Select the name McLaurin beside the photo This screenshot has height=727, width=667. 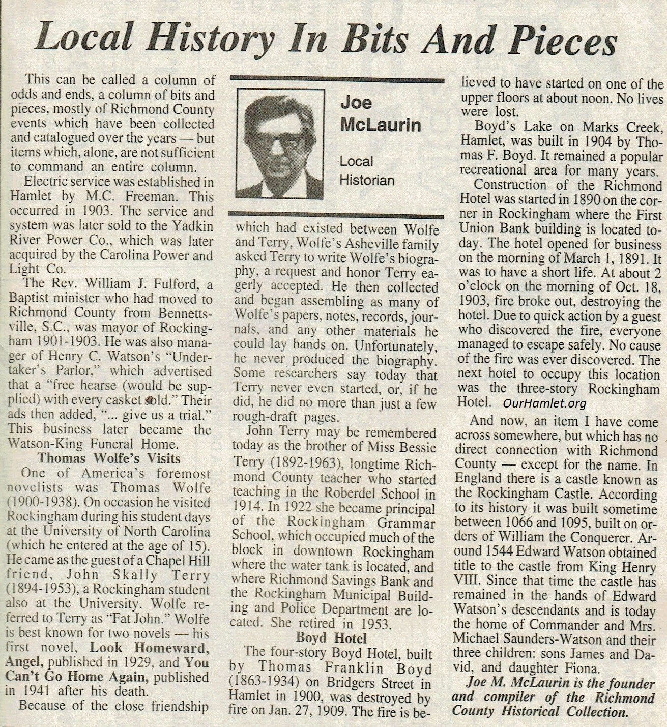click(x=380, y=125)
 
